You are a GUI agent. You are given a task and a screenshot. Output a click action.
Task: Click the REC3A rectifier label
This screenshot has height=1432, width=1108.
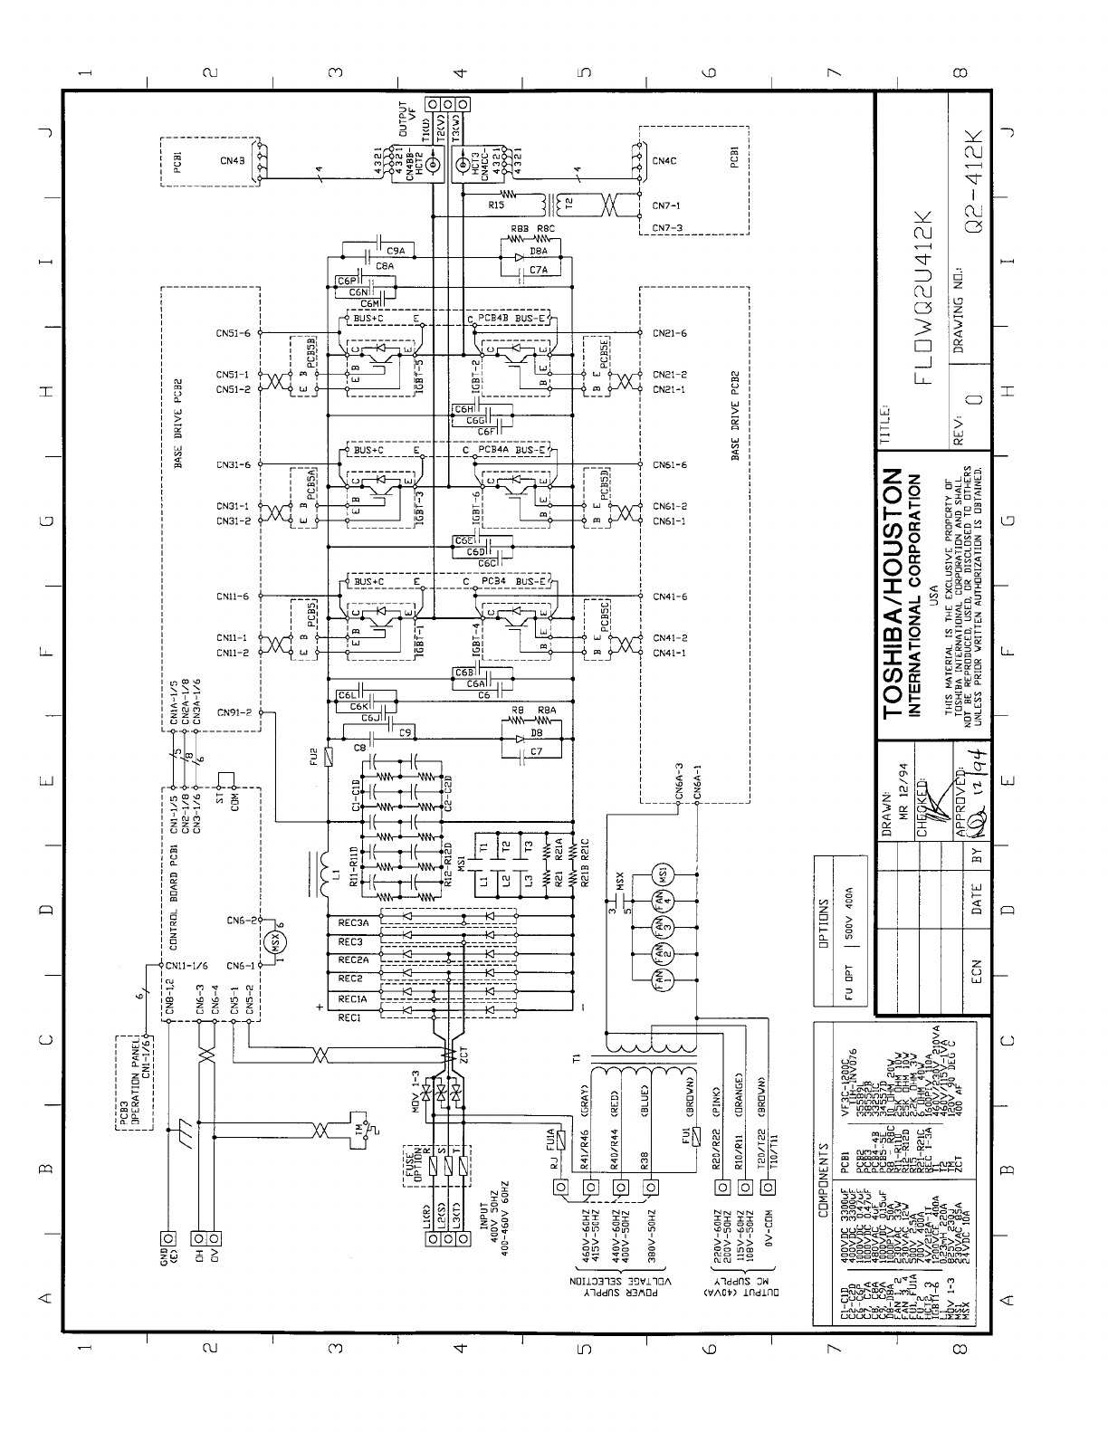click(x=352, y=923)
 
